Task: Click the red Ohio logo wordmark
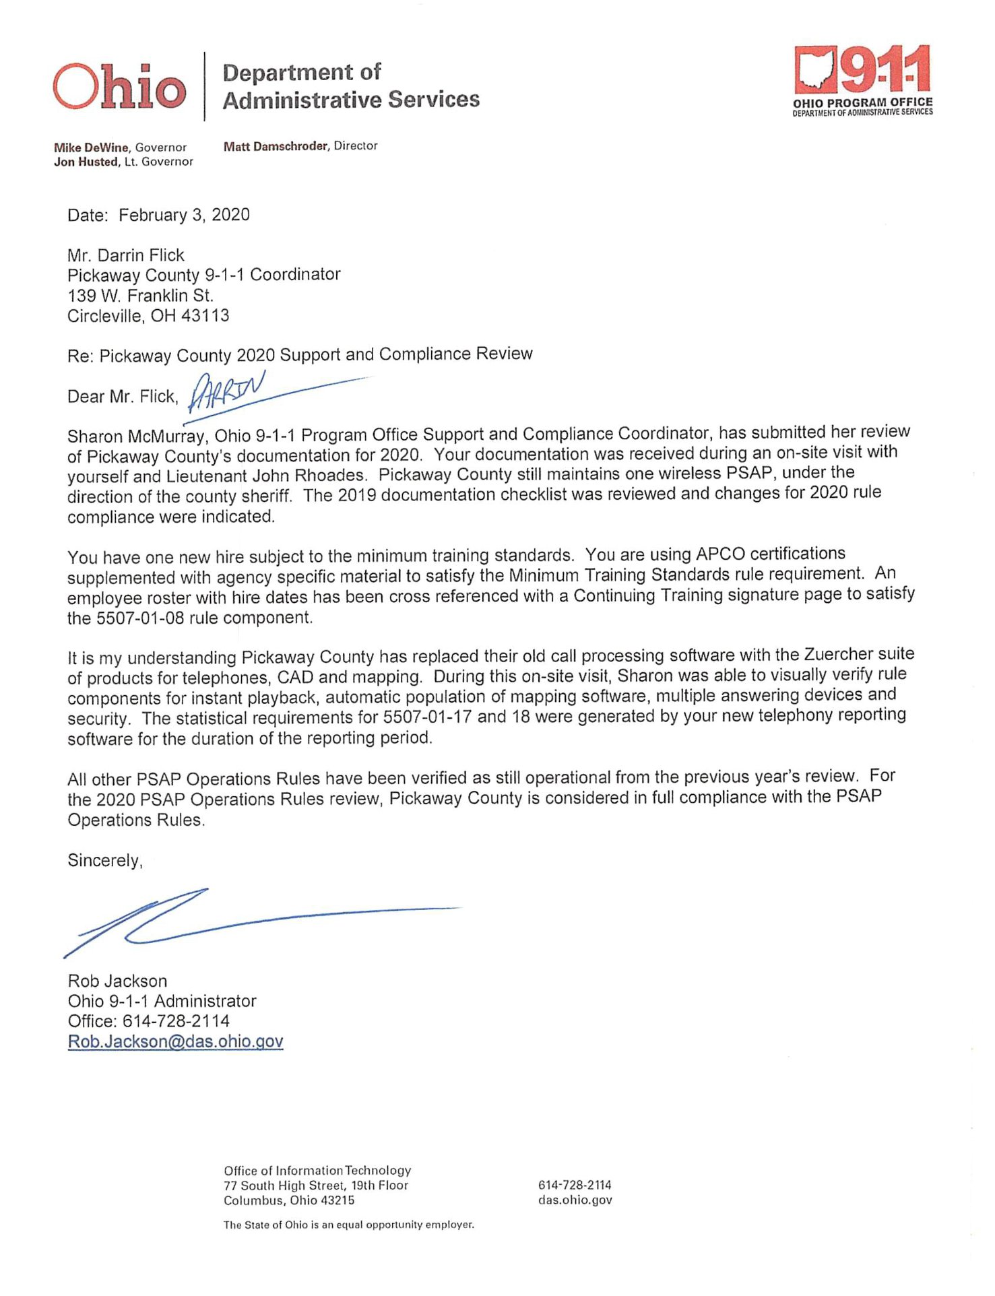pyautogui.click(x=119, y=87)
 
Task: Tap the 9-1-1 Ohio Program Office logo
pyautogui.click(x=862, y=79)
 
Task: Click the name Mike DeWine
pyautogui.click(x=92, y=148)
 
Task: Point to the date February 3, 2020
pyautogui.click(x=184, y=215)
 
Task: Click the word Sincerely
pyautogui.click(x=104, y=860)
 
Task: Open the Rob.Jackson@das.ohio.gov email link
pyautogui.click(x=175, y=1041)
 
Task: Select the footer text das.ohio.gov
pyautogui.click(x=575, y=1200)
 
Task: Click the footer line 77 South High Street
pyautogui.click(x=315, y=1186)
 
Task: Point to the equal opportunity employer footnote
pyautogui.click(x=348, y=1225)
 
